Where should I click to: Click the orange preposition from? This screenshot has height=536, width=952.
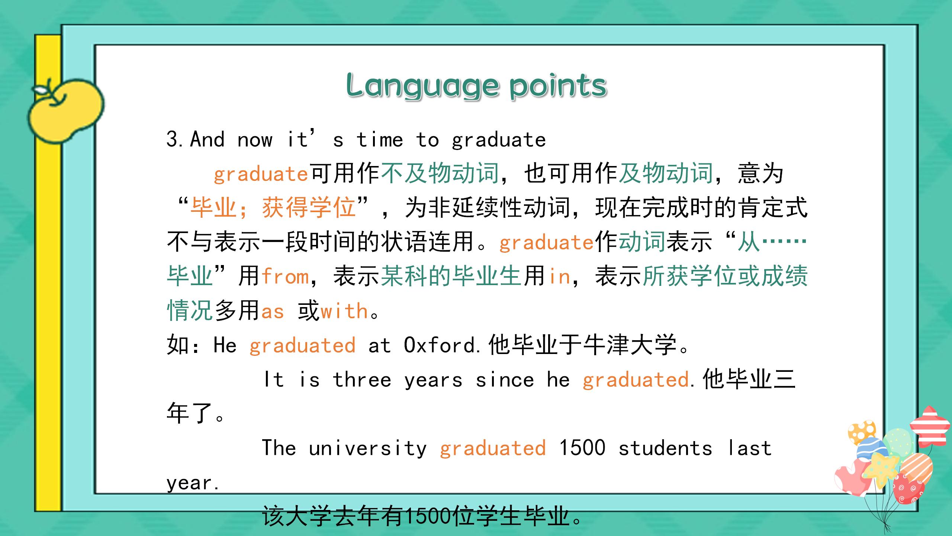285,276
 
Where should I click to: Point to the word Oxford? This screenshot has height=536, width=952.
440,345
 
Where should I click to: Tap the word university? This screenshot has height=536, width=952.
368,449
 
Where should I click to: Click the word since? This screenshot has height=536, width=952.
505,380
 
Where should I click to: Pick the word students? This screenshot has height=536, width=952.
665,448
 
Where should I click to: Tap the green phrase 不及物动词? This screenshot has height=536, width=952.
440,173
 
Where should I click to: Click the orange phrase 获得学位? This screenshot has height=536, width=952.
309,208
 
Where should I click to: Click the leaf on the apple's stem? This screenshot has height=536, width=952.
40,90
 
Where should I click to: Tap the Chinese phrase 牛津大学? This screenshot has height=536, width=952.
630,345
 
